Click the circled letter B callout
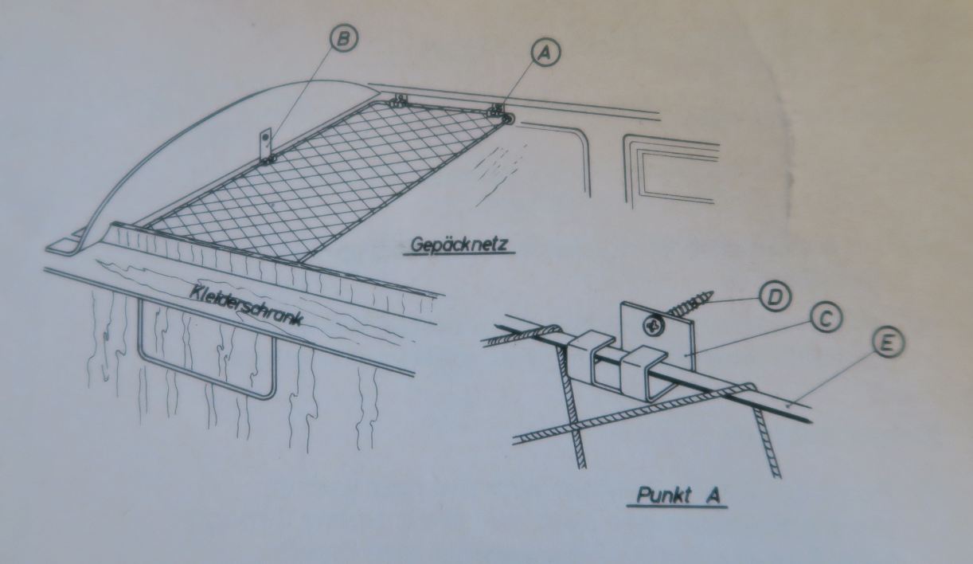point(342,38)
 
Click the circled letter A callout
point(545,52)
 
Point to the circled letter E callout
point(888,342)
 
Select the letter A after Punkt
point(713,495)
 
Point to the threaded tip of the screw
point(705,298)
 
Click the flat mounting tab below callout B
point(265,144)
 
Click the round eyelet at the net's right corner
point(507,119)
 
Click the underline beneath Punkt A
point(678,507)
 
